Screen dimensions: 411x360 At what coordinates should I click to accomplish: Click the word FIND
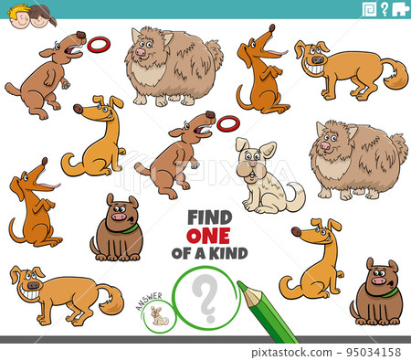tap(210, 217)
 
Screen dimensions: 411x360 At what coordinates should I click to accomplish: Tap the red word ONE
tap(208, 236)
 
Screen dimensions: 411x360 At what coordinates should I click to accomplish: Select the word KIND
tap(228, 253)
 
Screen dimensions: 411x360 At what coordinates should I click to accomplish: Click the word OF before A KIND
tap(183, 253)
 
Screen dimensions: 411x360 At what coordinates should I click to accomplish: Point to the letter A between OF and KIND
tap(201, 253)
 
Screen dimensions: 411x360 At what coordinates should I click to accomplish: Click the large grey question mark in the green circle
tap(205, 298)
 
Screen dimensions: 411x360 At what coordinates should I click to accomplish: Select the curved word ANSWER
tap(149, 301)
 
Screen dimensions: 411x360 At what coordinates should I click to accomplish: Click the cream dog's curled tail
tap(295, 196)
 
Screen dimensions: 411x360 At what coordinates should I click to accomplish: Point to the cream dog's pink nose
tap(253, 164)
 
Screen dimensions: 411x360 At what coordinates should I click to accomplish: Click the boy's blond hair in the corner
tap(17, 10)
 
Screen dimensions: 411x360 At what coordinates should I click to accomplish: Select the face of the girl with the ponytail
tap(38, 21)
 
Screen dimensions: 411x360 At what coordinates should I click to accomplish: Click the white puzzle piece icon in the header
tap(400, 9)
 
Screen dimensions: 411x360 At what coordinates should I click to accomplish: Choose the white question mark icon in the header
tap(385, 9)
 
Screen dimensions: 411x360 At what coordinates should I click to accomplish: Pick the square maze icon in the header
tap(370, 9)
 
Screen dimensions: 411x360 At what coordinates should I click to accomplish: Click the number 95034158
tap(374, 353)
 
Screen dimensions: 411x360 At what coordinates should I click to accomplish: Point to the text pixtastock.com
tap(291, 353)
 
